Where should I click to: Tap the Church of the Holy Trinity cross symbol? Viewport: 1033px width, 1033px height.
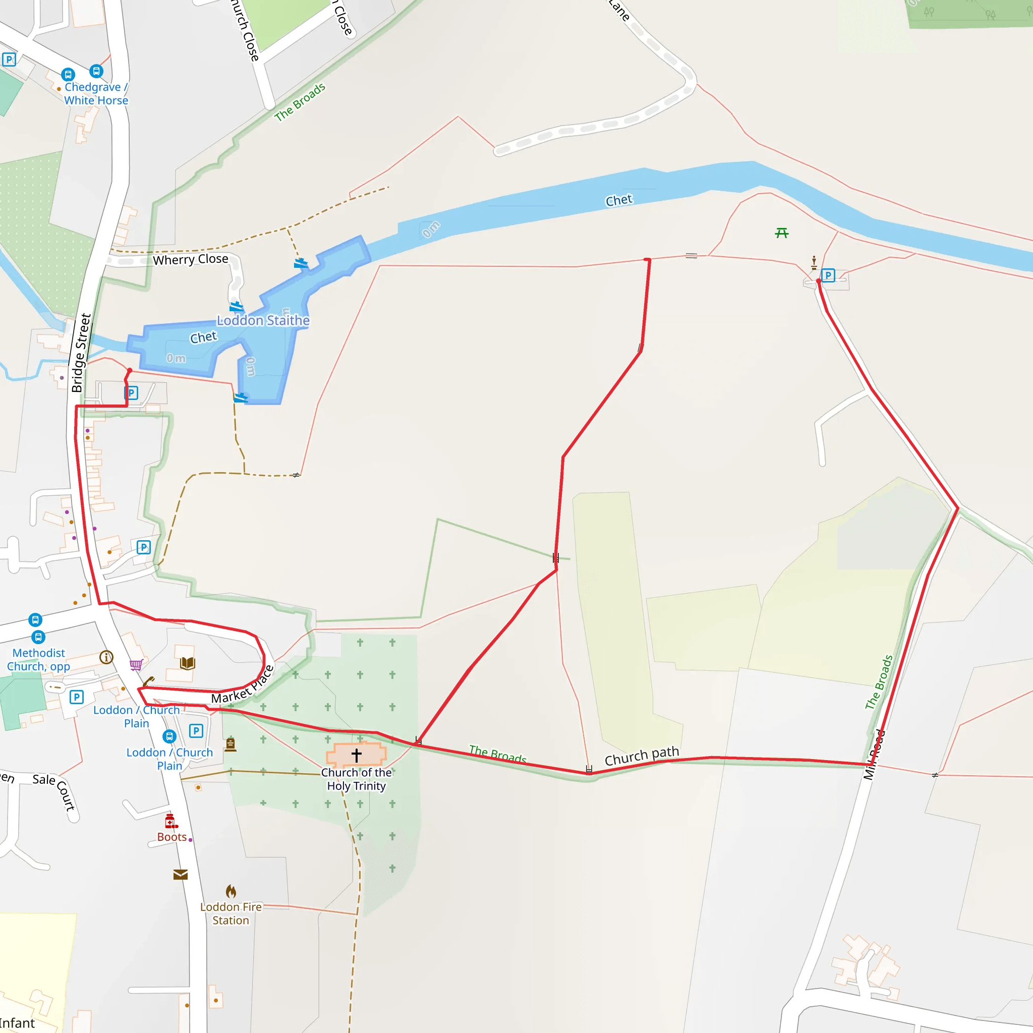[357, 755]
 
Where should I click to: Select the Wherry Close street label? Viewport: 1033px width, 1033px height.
[190, 259]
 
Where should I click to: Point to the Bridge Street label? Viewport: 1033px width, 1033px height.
[81, 353]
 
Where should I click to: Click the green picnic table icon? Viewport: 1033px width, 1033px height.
[782, 233]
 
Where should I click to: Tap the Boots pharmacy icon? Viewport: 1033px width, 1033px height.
[170, 821]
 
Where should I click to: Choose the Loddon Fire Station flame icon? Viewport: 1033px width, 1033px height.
[231, 891]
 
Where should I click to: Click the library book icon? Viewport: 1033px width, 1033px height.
[187, 664]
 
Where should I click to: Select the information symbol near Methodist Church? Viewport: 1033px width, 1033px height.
[106, 657]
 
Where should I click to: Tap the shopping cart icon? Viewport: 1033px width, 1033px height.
[136, 665]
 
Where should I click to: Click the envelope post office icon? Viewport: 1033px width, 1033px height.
[181, 875]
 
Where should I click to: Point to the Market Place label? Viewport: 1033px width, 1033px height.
[243, 685]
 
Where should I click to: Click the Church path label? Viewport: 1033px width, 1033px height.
[642, 756]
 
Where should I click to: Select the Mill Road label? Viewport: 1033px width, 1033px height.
[874, 755]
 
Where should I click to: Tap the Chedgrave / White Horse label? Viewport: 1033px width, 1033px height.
[96, 94]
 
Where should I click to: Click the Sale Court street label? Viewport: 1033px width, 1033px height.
[53, 791]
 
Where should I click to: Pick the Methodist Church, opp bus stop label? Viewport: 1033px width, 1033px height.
[38, 659]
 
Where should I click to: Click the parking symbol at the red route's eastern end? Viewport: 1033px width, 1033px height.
[828, 275]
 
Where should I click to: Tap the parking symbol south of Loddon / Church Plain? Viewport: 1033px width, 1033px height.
[196, 731]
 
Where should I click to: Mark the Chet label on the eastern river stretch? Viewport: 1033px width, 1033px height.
[618, 201]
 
